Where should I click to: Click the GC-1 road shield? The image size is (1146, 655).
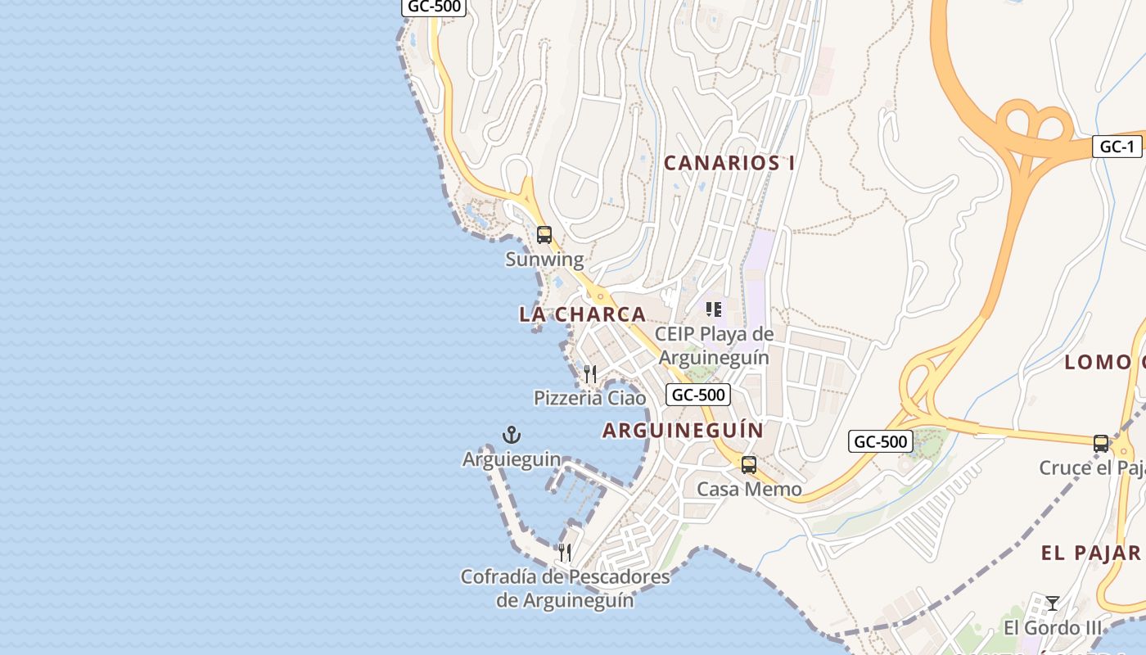pos(1117,147)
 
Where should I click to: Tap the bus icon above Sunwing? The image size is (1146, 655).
pos(544,235)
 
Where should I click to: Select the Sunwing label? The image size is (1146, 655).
pos(544,260)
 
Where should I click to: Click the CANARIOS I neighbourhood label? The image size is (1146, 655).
pos(729,163)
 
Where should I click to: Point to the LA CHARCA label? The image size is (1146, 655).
pos(583,314)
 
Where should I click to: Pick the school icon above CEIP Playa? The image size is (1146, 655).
pos(714,309)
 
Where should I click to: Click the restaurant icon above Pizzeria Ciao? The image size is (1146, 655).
pos(590,374)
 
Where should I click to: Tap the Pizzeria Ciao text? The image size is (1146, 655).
pos(589,399)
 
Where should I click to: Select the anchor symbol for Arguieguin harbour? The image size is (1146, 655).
pos(512,435)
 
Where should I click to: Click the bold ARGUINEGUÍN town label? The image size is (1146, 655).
pos(683,431)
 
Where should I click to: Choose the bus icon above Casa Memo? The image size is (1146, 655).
pos(749,465)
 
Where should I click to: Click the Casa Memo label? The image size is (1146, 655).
pos(749,490)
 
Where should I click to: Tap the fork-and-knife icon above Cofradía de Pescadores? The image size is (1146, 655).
pos(565,552)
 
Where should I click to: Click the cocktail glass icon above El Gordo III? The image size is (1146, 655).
pos(1053,603)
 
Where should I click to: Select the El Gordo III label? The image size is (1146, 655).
pos(1054,628)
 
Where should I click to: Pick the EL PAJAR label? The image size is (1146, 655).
pos(1091,553)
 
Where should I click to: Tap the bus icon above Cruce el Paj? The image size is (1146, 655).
pos(1101,444)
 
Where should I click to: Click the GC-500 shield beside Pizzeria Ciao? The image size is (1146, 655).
pos(697,395)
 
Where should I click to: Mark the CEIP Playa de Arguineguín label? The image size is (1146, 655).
pos(714,346)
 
